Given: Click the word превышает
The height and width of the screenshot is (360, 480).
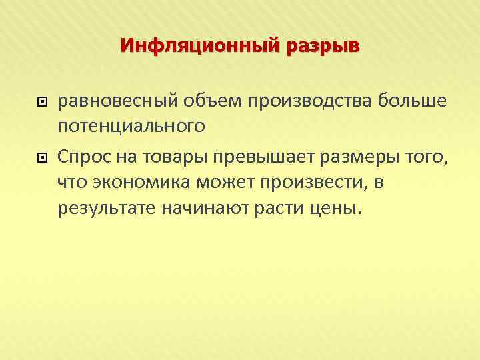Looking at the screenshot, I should tap(251, 157).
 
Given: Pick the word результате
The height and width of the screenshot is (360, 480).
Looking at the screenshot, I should tap(107, 207).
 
